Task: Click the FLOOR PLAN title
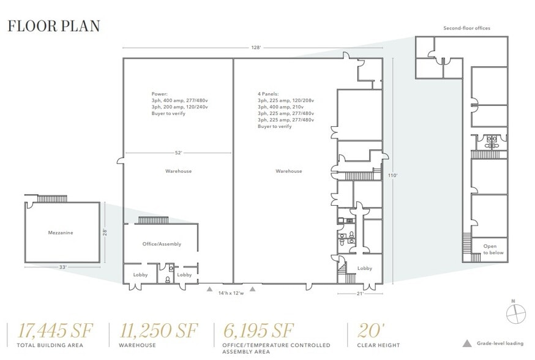[x=53, y=26]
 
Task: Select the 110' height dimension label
[x=393, y=175]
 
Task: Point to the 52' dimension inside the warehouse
[x=178, y=152]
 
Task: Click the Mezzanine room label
[x=61, y=233]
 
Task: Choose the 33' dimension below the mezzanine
[x=62, y=268]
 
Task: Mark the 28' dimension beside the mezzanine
[x=105, y=233]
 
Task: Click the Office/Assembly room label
[x=162, y=244]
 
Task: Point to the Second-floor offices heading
[x=467, y=28]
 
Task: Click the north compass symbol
[x=515, y=313]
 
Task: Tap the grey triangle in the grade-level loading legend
[x=467, y=343]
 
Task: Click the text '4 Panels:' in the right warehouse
[x=269, y=94]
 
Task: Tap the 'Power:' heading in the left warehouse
[x=159, y=94]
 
